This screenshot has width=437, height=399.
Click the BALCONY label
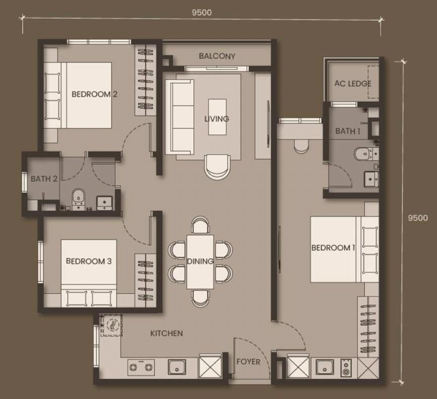pyautogui.click(x=217, y=56)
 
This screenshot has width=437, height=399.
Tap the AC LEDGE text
pyautogui.click(x=353, y=83)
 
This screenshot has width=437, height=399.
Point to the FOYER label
pyautogui.click(x=248, y=362)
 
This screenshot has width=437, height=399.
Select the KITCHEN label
pyautogui.click(x=167, y=334)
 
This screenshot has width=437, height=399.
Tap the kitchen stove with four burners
pyautogui.click(x=141, y=367)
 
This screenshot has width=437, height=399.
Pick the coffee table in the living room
pyautogui.click(x=217, y=117)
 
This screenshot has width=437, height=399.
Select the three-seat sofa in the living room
pyautogui.click(x=180, y=117)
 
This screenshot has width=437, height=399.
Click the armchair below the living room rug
pyautogui.click(x=217, y=167)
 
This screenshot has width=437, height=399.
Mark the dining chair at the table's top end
pyautogui.click(x=200, y=225)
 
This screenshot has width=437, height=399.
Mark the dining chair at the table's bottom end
pyautogui.click(x=200, y=299)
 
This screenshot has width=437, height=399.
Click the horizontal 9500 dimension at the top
pyautogui.click(x=202, y=13)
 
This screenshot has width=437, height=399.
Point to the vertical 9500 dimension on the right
pyautogui.click(x=418, y=218)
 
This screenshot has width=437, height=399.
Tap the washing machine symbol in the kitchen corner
pyautogui.click(x=111, y=325)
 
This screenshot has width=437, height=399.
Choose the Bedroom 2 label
pyautogui.click(x=94, y=94)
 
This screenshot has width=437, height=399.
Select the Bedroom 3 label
pyautogui.click(x=89, y=261)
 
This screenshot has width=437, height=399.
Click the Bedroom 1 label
pyautogui.click(x=333, y=248)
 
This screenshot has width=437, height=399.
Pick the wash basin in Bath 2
pyautogui.click(x=104, y=203)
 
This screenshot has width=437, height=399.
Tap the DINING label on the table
pyautogui.click(x=200, y=261)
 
